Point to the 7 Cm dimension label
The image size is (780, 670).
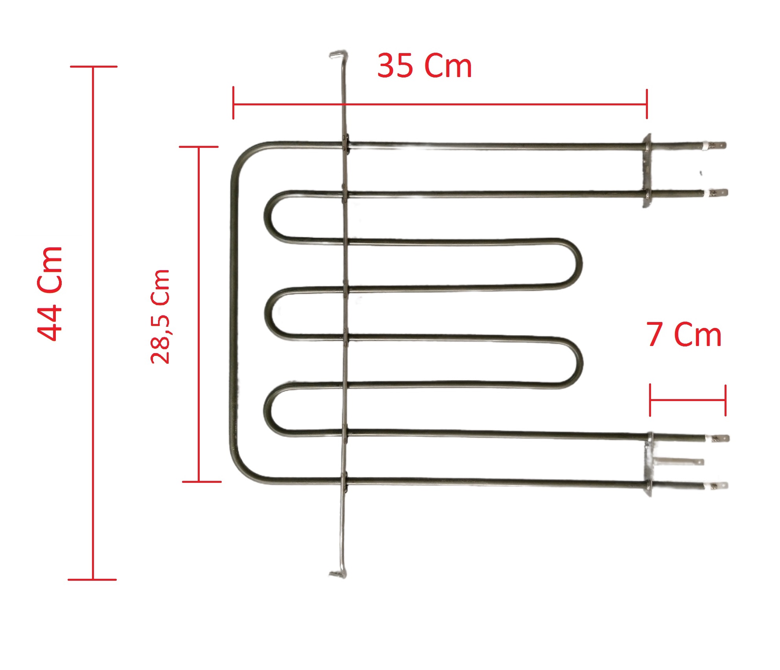click(x=684, y=334)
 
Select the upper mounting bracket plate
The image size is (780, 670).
click(x=646, y=170)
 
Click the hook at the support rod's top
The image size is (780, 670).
click(x=337, y=54)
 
